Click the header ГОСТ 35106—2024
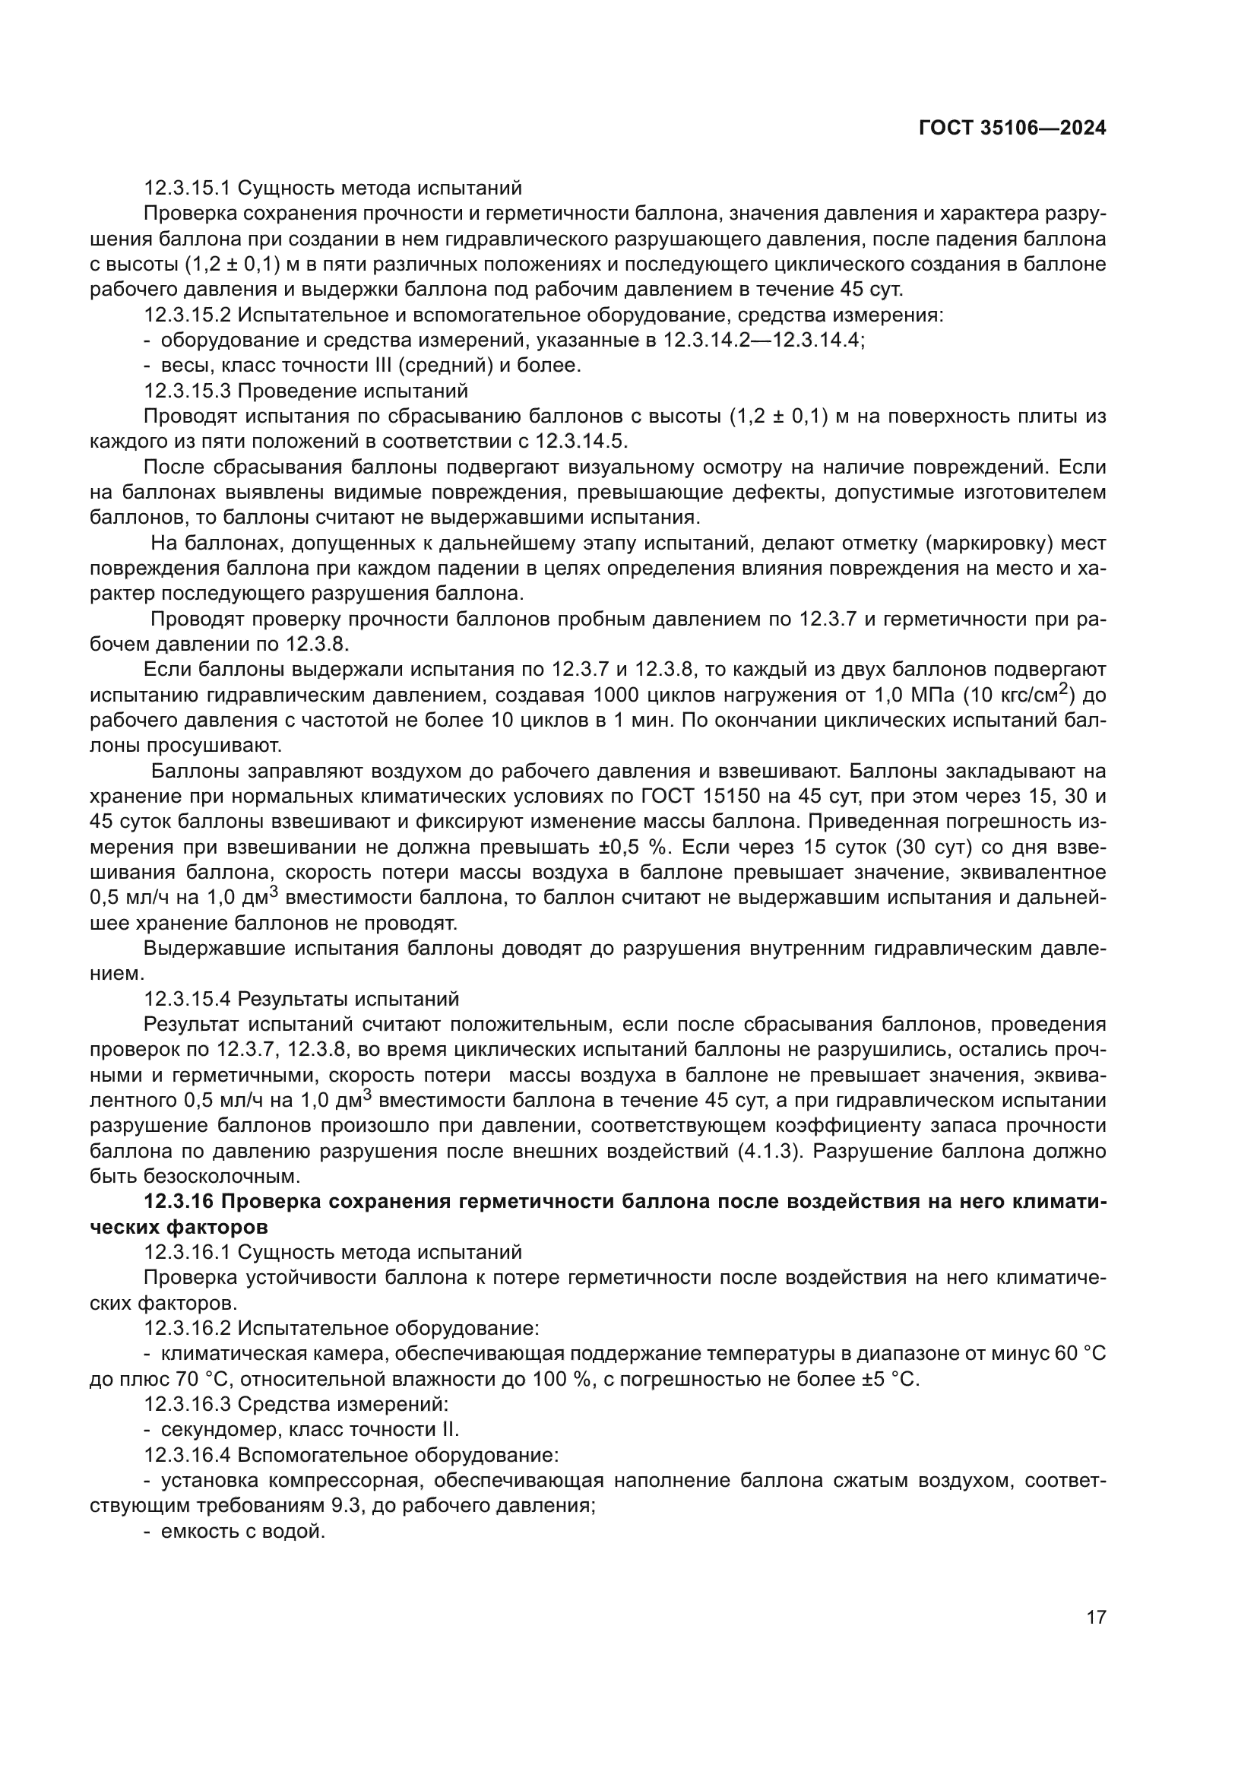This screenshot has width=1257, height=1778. pyautogui.click(x=1012, y=128)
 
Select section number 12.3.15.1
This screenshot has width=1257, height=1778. pyautogui.click(x=188, y=189)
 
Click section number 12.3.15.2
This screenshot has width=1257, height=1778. pyautogui.click(x=188, y=315)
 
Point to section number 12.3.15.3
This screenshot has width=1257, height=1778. pyautogui.click(x=188, y=391)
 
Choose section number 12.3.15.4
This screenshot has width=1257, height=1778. pyautogui.click(x=188, y=999)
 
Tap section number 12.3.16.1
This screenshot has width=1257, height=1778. pyautogui.click(x=188, y=1252)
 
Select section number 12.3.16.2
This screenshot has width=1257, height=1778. pyautogui.click(x=188, y=1328)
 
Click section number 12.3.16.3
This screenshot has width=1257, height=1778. pyautogui.click(x=188, y=1404)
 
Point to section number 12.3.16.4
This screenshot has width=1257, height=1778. pyautogui.click(x=188, y=1455)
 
